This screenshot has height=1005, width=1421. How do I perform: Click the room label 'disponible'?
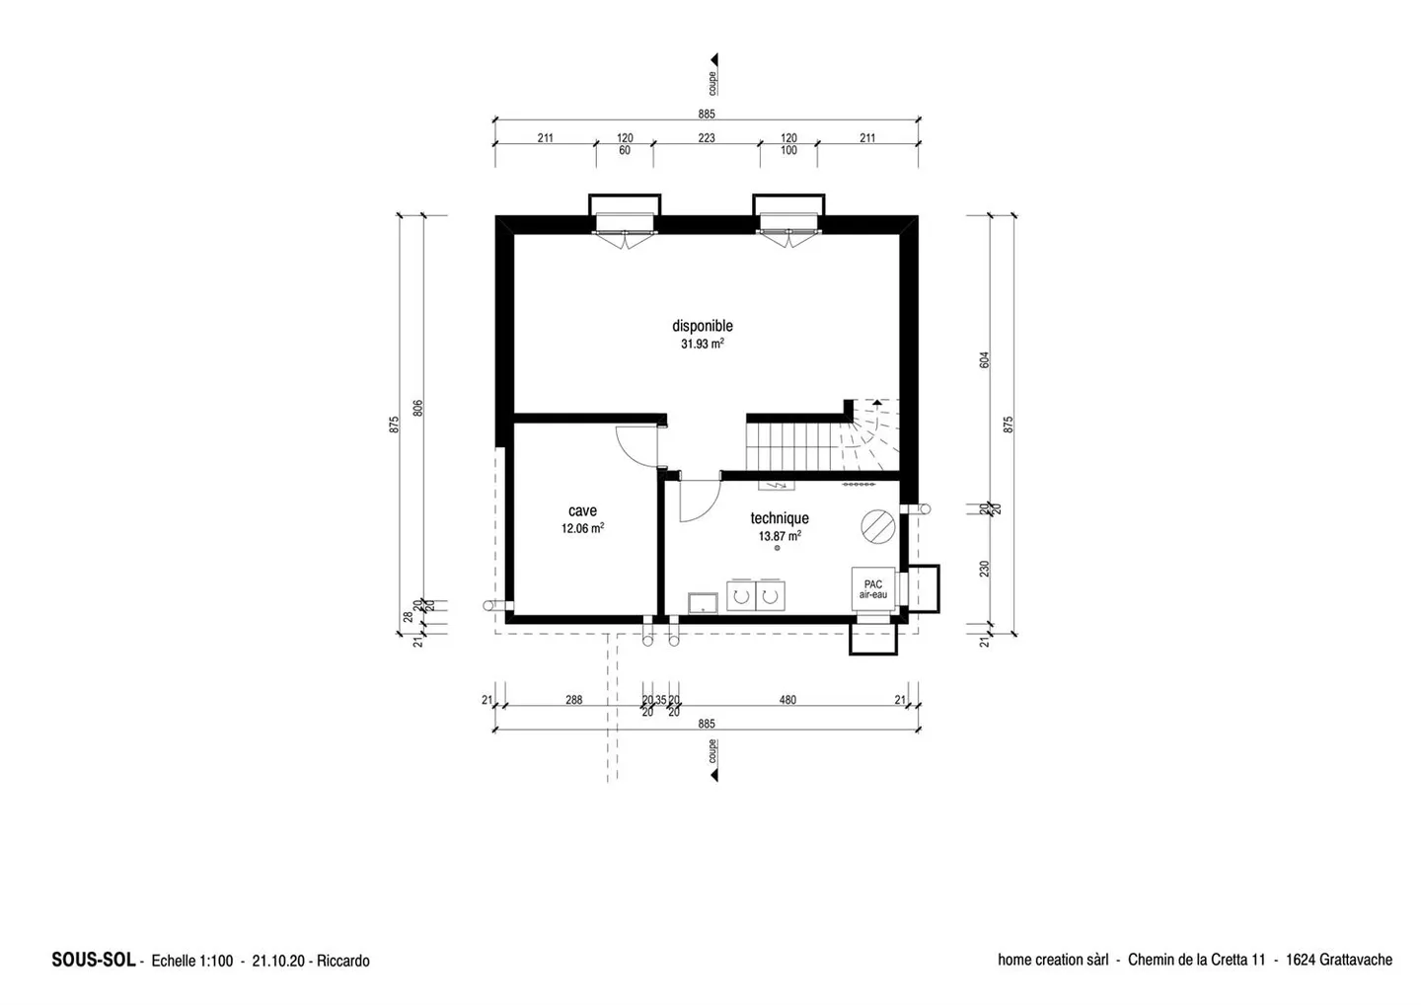pyautogui.click(x=702, y=326)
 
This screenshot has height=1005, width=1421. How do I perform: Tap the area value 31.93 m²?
pyautogui.click(x=702, y=345)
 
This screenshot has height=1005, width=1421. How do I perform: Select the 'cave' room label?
pyautogui.click(x=582, y=510)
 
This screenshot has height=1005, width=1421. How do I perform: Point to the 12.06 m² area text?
pyautogui.click(x=582, y=528)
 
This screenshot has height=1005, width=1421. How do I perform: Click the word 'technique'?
pyautogui.click(x=779, y=518)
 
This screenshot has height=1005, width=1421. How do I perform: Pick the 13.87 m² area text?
pyautogui.click(x=779, y=536)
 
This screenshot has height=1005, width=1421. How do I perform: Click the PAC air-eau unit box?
pyautogui.click(x=872, y=589)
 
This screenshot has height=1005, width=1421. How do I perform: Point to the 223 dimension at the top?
pyautogui.click(x=707, y=138)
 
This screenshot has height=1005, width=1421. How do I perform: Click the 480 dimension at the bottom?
pyautogui.click(x=787, y=700)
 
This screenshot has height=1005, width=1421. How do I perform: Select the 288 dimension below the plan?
pyautogui.click(x=573, y=700)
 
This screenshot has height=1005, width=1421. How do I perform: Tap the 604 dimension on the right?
pyautogui.click(x=984, y=360)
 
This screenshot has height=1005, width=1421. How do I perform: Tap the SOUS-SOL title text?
pyautogui.click(x=93, y=960)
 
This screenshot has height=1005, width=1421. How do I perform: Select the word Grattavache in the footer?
pyautogui.click(x=1355, y=960)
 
